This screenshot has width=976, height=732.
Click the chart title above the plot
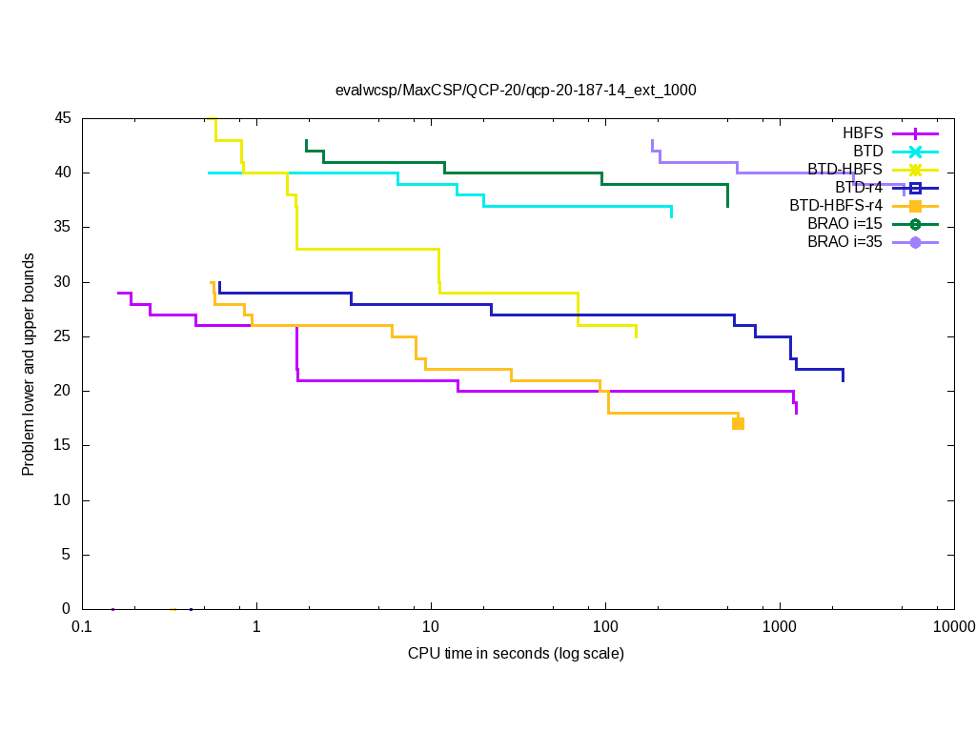(516, 91)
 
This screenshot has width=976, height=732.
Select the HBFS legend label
(863, 133)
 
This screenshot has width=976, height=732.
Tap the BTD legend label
(867, 152)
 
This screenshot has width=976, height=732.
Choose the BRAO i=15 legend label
(844, 224)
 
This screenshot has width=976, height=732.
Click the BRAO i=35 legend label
(844, 242)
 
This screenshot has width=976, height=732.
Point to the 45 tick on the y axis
(63, 118)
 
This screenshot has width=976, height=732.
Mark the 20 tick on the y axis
(63, 391)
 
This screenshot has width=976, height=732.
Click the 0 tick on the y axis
(67, 609)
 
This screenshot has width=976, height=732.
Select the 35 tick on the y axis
(63, 227)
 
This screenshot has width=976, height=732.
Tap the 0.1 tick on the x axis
(82, 626)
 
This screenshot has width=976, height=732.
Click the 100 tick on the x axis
(605, 626)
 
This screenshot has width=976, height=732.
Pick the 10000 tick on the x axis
(953, 626)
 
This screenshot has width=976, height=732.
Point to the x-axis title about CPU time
(516, 654)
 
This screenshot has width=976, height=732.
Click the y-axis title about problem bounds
(29, 364)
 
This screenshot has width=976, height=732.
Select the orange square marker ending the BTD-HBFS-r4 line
(738, 423)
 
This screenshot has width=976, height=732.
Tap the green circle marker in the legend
(915, 224)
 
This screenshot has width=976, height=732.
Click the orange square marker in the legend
(915, 206)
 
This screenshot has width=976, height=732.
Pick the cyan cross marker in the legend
(915, 152)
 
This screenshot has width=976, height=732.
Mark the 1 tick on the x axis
(256, 626)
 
